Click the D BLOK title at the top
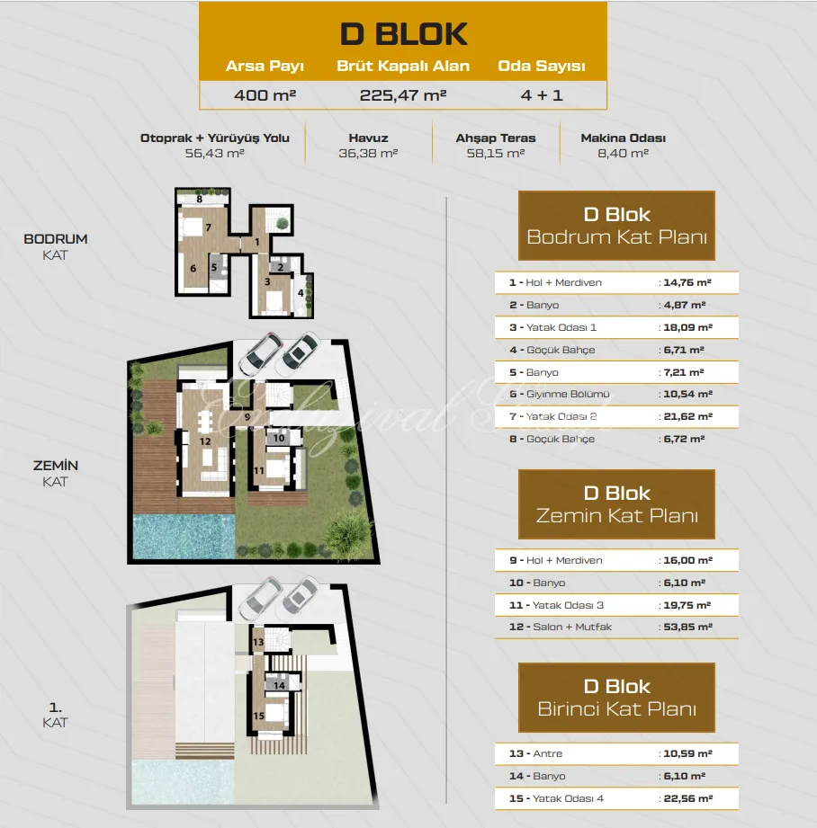(x=403, y=34)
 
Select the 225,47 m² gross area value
(x=403, y=95)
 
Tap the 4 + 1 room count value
(x=542, y=95)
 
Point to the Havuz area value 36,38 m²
(x=368, y=153)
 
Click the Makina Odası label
(x=623, y=138)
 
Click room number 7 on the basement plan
(x=209, y=227)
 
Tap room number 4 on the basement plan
(x=301, y=292)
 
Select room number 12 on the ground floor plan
(x=205, y=441)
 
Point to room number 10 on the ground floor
(x=279, y=438)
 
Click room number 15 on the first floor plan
(x=258, y=716)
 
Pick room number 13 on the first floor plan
(x=258, y=642)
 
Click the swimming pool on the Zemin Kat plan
(x=184, y=537)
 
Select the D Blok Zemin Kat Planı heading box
(x=616, y=504)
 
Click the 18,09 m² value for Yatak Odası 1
(x=688, y=327)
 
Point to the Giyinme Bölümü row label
(x=568, y=394)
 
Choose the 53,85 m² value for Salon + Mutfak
(x=688, y=627)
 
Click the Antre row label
(x=547, y=753)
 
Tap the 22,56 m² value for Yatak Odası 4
(x=688, y=798)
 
